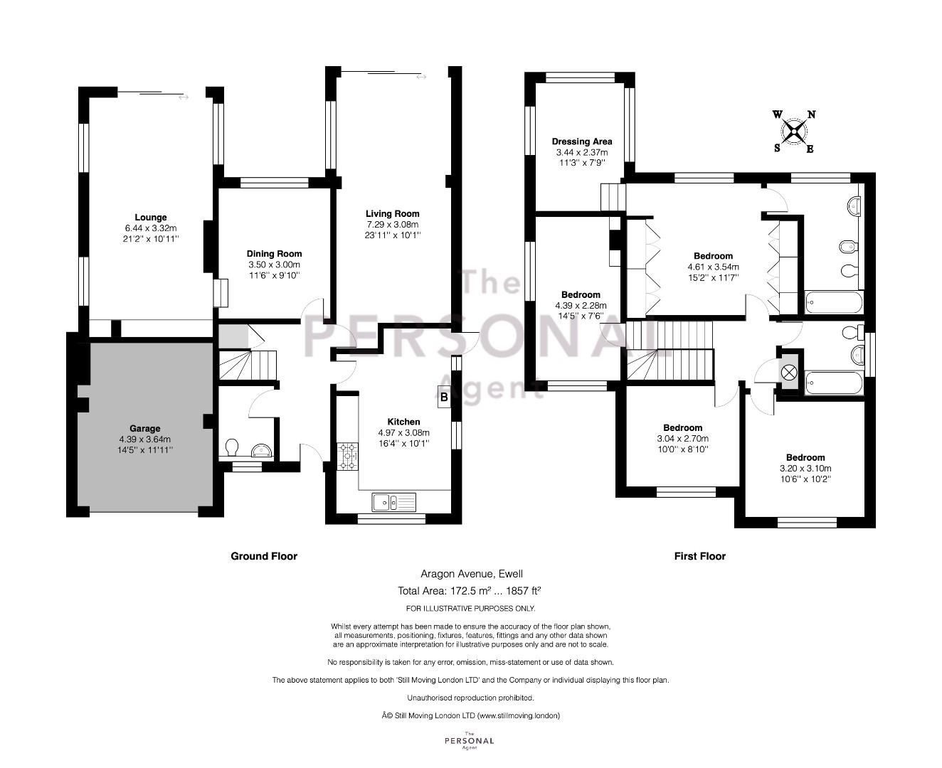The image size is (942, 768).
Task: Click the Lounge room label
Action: pos(151,218)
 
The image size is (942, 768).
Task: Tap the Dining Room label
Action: pos(274,254)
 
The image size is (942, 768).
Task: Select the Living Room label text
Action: pos(393,214)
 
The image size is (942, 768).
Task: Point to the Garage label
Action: pos(144,429)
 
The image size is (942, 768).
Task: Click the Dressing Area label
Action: pos(582,142)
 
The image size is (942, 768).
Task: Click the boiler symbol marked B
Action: pos(444,397)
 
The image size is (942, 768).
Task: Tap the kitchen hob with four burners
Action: pos(347,456)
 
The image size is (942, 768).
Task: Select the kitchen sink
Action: pos(393,502)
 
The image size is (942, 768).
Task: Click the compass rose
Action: pos(794,132)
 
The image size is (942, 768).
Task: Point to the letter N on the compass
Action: pos(812,114)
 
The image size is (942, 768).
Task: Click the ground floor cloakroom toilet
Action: pos(231,447)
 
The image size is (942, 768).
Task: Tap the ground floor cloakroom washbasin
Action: pos(261,451)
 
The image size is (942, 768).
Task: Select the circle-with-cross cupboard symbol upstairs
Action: pos(789,373)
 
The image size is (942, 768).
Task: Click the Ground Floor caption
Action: pos(264,556)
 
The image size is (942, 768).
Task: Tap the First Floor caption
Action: pos(700,556)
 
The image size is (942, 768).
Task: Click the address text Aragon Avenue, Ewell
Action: pos(472,574)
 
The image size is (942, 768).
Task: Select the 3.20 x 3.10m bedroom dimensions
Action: pos(805,469)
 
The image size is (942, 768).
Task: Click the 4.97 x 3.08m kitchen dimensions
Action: pos(404,432)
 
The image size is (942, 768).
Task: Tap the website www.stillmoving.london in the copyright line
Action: pos(518,716)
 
